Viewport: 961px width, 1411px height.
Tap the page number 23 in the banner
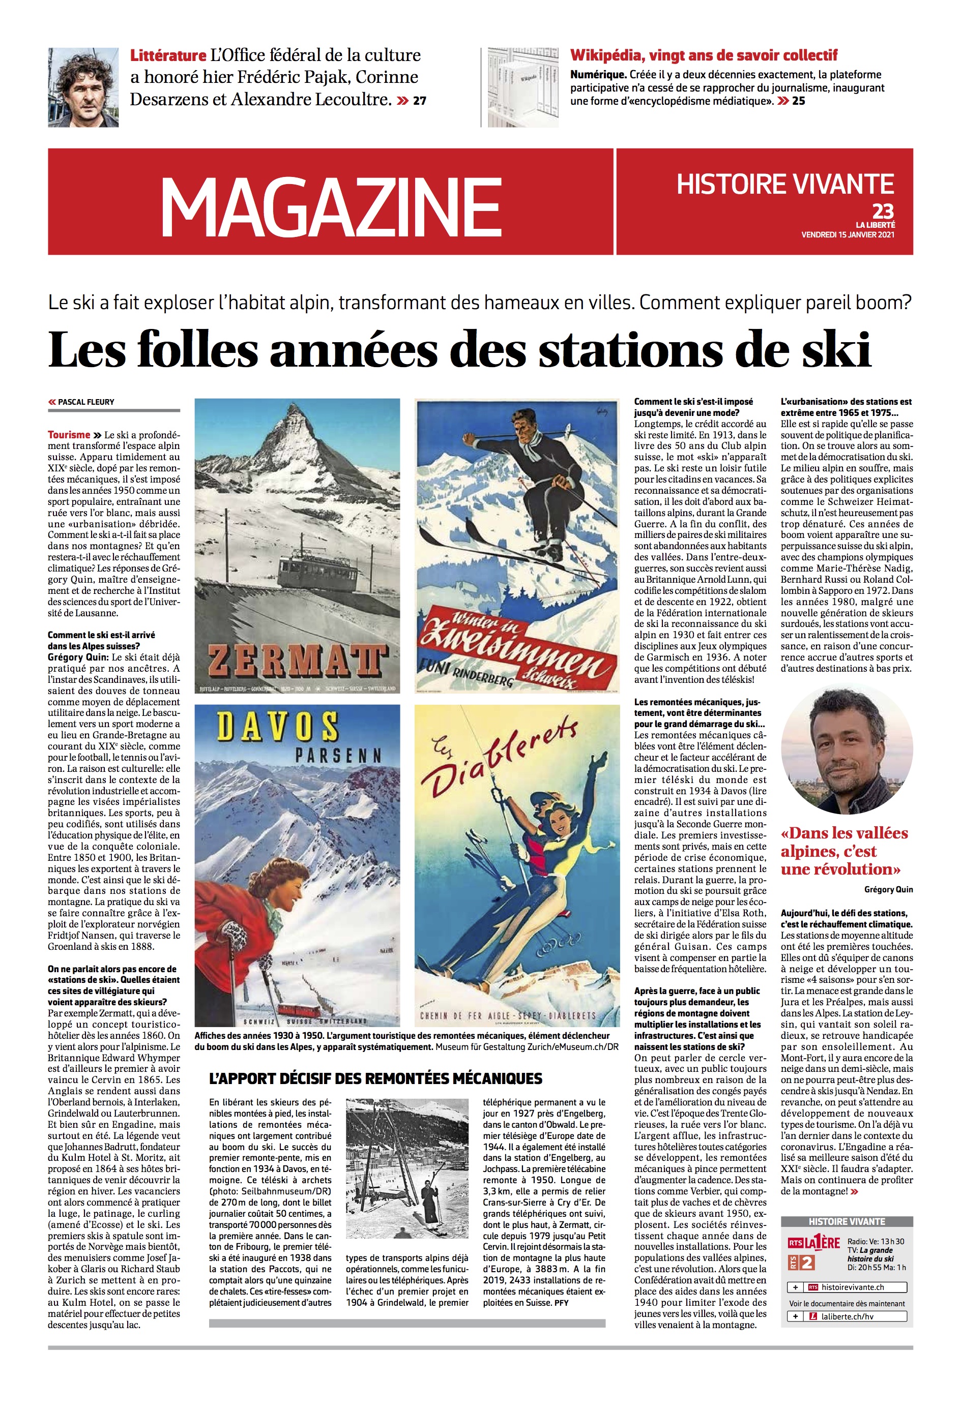[x=883, y=212]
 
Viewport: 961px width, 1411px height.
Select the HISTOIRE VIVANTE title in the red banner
[x=785, y=184]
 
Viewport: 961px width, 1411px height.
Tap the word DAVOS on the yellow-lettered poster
[x=278, y=727]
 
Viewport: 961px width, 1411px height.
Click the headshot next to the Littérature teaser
[x=83, y=88]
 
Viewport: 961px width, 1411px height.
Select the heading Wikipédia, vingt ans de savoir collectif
[x=704, y=56]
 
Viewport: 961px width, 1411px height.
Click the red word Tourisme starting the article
[x=69, y=435]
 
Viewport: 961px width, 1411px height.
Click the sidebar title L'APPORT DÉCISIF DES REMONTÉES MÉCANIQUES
[x=375, y=1078]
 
